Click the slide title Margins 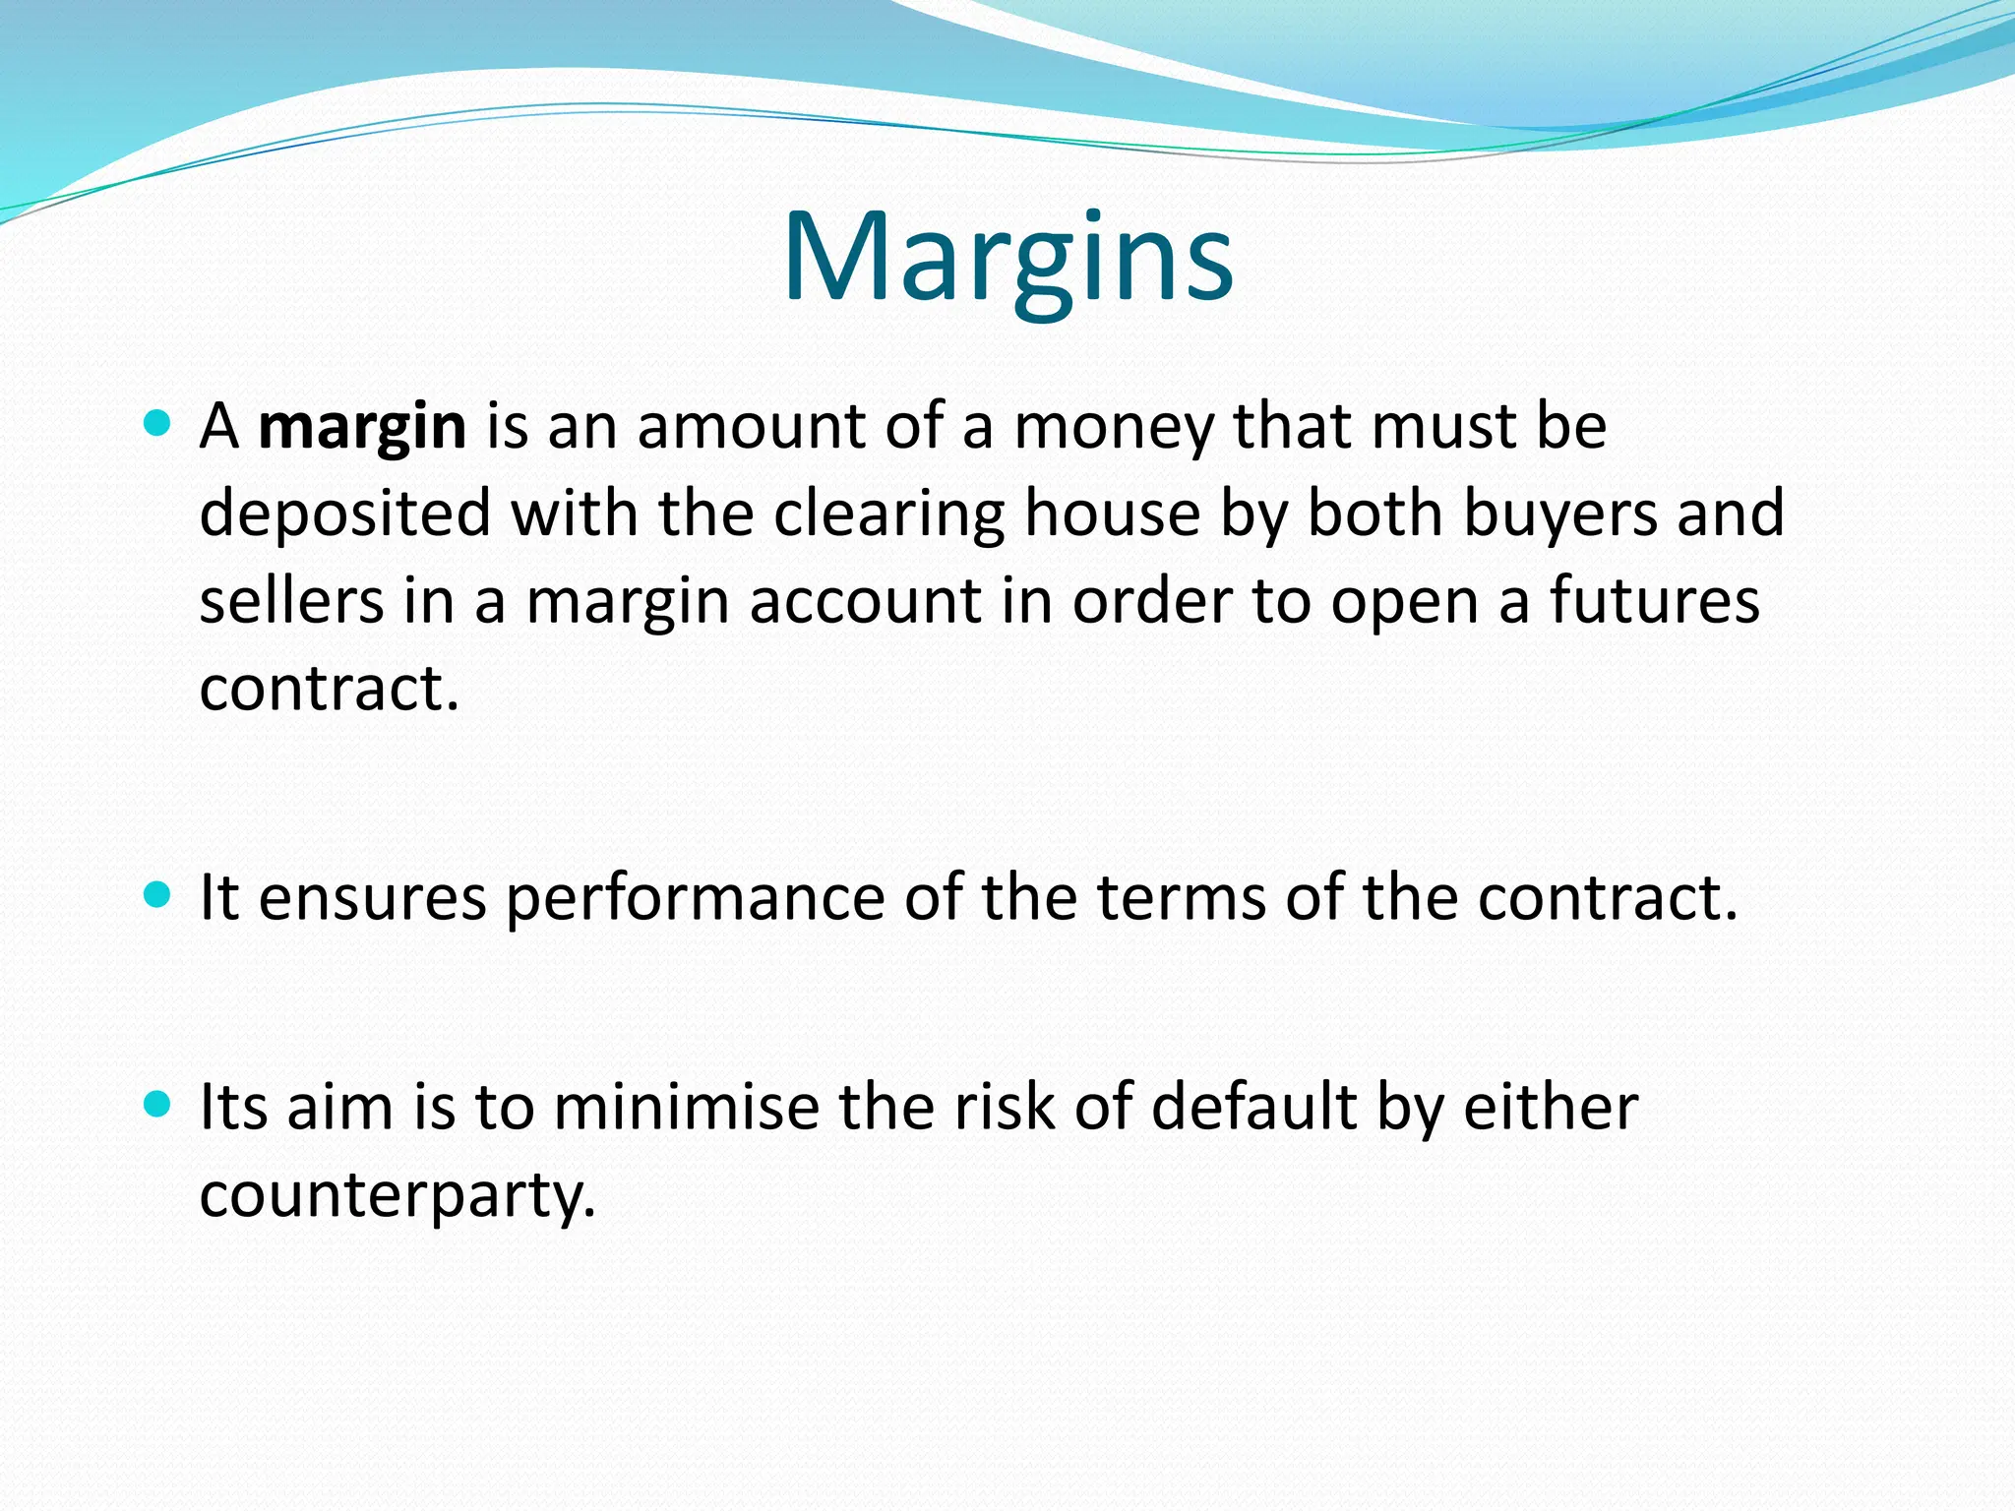click(1007, 258)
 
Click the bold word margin click(362, 429)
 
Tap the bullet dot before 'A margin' click(156, 424)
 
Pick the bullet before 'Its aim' click(156, 1104)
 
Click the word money click(1114, 429)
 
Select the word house click(1112, 514)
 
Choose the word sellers click(291, 601)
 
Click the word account click(865, 601)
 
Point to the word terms click(1181, 898)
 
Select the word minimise click(687, 1108)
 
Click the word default click(1254, 1108)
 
